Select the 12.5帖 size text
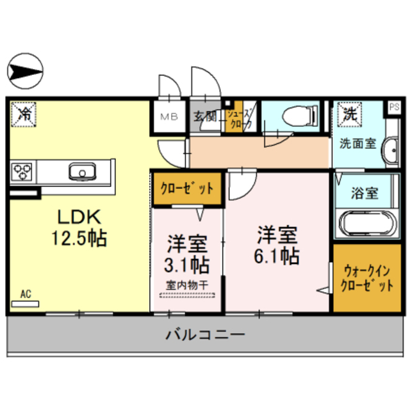[79, 238]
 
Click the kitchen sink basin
[81, 171]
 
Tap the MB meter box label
[169, 117]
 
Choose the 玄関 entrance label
[206, 117]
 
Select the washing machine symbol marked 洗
[348, 115]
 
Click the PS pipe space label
[393, 107]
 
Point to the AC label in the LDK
[26, 294]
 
